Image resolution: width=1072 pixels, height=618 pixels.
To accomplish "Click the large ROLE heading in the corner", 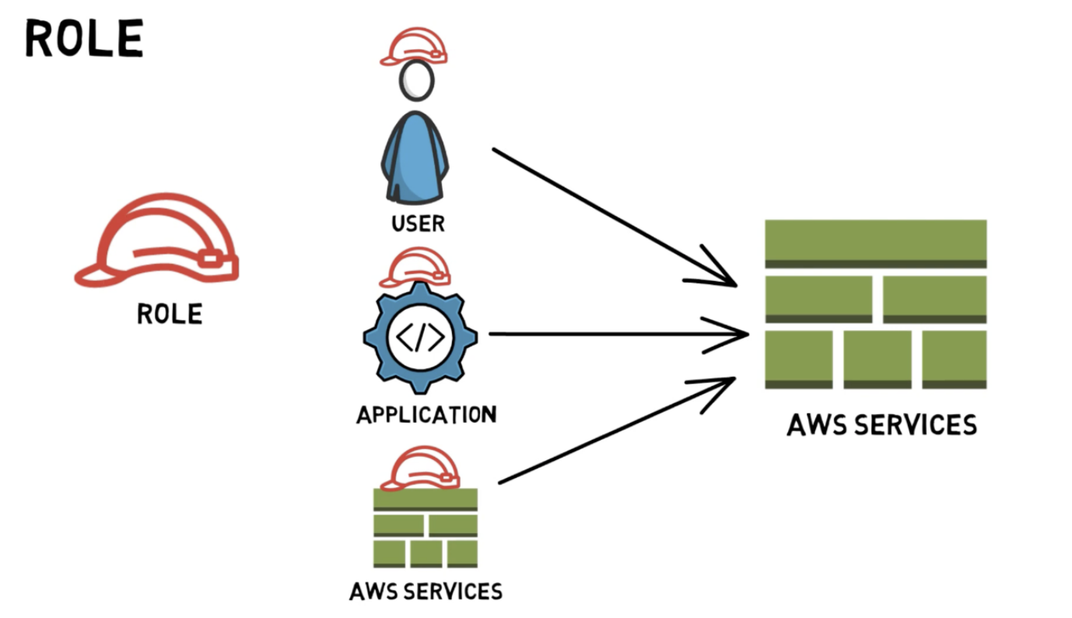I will (84, 39).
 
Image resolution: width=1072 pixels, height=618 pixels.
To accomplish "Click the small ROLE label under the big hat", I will (169, 314).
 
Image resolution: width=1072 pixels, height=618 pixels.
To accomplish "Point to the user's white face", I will (416, 82).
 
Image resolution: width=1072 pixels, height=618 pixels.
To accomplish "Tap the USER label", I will (418, 223).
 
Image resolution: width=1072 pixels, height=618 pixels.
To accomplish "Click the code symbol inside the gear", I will (421, 337).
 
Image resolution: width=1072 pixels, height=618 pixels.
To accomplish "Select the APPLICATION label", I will (426, 413).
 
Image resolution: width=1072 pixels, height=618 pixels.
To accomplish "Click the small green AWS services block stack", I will (425, 529).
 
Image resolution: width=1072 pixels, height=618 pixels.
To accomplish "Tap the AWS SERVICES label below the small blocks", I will (426, 591).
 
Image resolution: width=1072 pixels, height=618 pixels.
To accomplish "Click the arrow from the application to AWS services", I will (615, 334).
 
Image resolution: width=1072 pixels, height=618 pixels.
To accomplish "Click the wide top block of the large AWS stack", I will (875, 243).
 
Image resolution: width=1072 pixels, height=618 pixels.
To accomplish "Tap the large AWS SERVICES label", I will (881, 425).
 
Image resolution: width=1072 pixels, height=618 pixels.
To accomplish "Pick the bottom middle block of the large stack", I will (877, 358).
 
